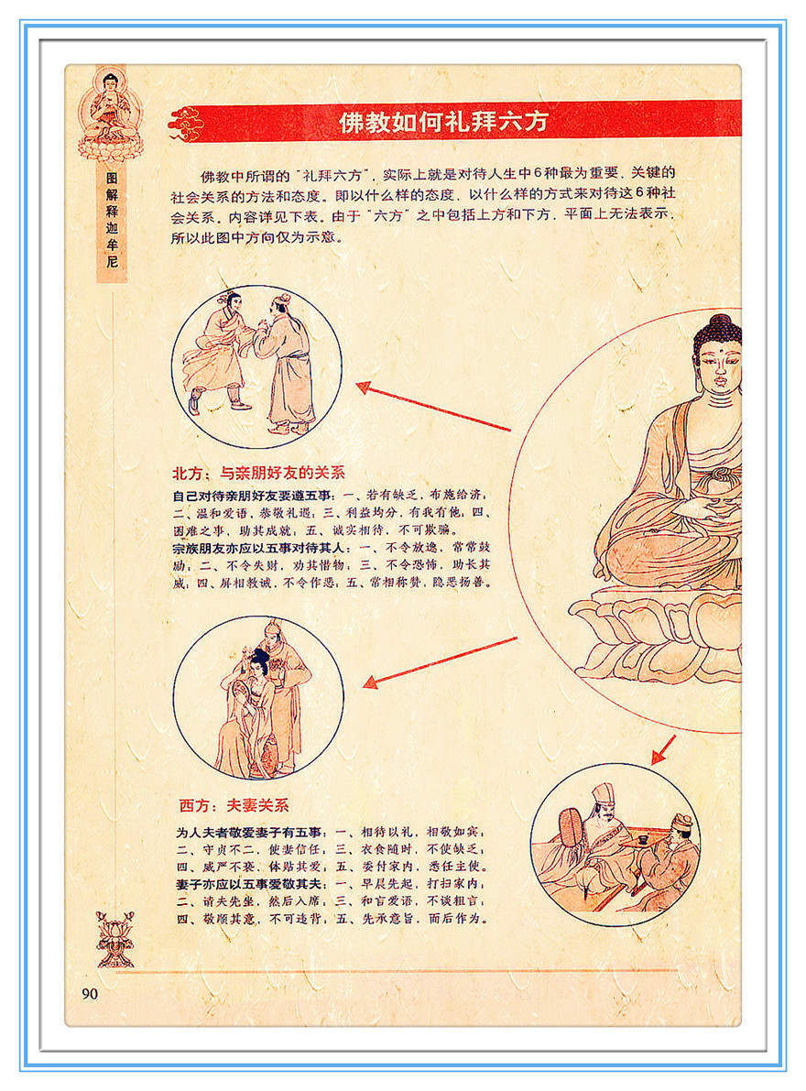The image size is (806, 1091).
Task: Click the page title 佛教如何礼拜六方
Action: click(x=443, y=122)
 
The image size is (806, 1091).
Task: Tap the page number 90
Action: click(x=90, y=994)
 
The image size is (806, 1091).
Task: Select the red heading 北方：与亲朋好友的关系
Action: click(x=258, y=474)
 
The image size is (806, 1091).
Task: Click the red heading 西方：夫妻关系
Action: click(x=234, y=806)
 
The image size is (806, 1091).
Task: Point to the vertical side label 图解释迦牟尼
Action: click(x=112, y=220)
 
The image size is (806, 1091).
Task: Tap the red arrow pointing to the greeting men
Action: click(x=433, y=407)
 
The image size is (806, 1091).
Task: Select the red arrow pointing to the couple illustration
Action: click(x=441, y=662)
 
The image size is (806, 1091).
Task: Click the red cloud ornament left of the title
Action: click(x=186, y=124)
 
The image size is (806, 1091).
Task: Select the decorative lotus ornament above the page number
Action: click(x=114, y=939)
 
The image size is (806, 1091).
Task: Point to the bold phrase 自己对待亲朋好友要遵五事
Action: click(x=253, y=496)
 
